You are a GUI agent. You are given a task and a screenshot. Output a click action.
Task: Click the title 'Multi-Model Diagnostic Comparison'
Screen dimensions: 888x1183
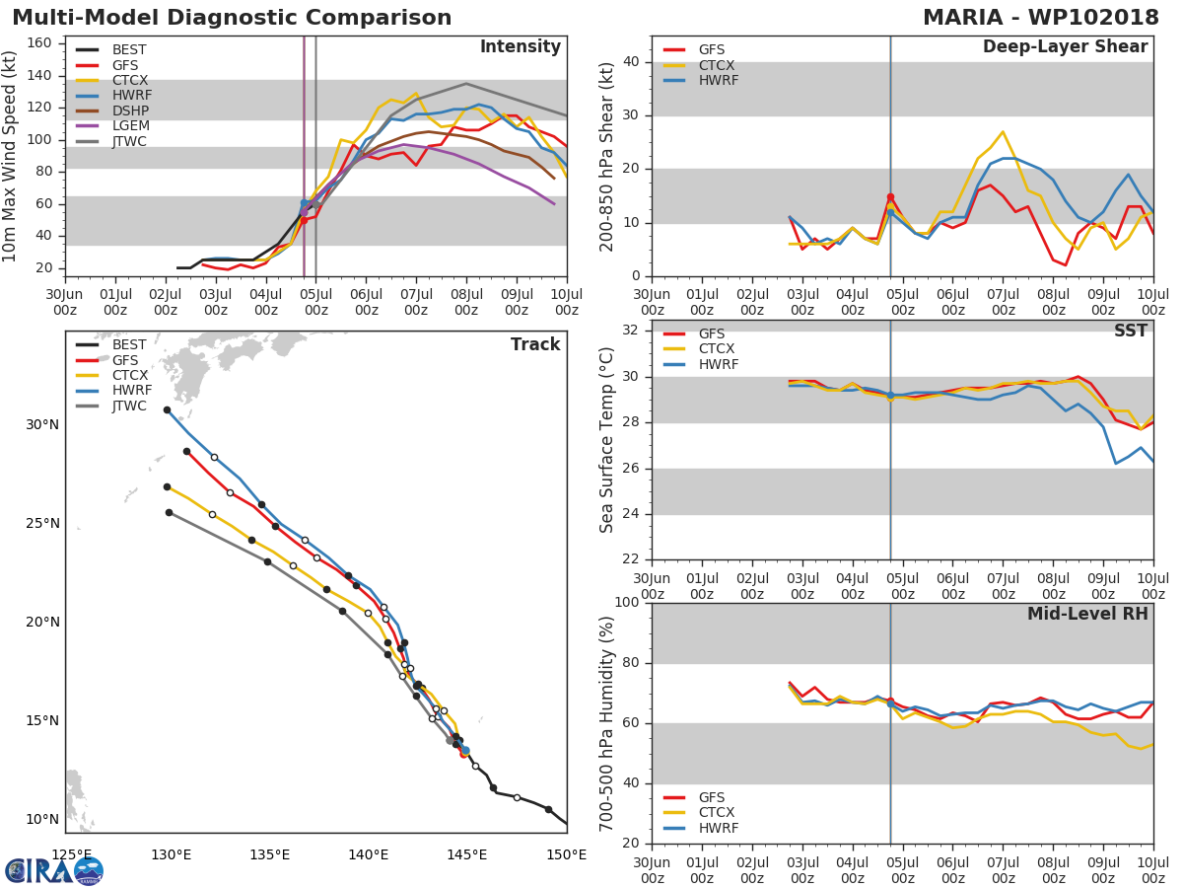[x=232, y=18]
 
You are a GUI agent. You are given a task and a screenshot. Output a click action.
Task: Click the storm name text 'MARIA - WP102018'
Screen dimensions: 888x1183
[x=1040, y=18]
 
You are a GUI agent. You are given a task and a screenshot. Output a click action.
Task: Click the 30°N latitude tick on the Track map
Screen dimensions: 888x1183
[x=41, y=425]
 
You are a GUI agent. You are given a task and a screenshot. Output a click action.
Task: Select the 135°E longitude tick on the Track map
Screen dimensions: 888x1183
[x=269, y=853]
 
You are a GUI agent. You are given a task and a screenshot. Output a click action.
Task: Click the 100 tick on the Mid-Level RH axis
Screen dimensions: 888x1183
[x=627, y=603]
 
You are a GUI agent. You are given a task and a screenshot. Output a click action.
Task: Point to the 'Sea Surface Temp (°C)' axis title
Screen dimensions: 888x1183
[x=607, y=439]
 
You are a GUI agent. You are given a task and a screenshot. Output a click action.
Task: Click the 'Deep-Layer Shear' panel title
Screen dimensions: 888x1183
[x=1065, y=47]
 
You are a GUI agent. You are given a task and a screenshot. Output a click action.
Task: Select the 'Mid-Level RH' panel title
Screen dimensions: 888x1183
[x=1087, y=614]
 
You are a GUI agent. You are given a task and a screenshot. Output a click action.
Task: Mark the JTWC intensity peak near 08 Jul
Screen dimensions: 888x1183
[x=465, y=84]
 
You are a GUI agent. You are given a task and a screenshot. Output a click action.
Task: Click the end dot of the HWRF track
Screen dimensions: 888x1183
[x=167, y=409]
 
